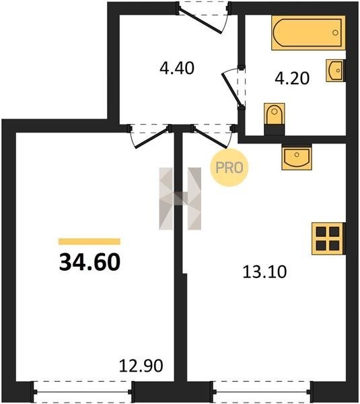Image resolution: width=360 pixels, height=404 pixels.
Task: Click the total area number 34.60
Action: pos(89,262)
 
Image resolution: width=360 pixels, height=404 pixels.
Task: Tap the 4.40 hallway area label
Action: pos(177,68)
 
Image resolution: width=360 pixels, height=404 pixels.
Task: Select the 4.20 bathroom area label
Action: pos(292,78)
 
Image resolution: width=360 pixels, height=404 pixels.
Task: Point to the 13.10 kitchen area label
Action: pos(264,272)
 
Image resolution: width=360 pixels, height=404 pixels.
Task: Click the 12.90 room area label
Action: pos(141,366)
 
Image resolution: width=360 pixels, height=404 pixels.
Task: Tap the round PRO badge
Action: pos(229,168)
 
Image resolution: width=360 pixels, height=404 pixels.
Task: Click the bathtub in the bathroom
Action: pos(308,33)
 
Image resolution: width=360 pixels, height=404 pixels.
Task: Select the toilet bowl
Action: pos(275,119)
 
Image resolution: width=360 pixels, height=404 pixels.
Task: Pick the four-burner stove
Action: pos(328,238)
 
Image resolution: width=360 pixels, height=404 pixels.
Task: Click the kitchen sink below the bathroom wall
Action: pos(297,157)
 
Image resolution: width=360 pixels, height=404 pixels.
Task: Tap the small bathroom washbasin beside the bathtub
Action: pos(335,70)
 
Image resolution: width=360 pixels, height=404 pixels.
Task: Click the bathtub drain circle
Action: pos(335,33)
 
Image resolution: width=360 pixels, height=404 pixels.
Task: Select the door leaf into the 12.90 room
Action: pos(152,138)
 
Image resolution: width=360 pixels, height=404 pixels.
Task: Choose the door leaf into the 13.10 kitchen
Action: pos(211,138)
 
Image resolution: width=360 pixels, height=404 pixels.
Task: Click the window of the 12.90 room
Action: pos(83,392)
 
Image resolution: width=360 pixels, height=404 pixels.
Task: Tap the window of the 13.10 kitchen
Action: pos(262,392)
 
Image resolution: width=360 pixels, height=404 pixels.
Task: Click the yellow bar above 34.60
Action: pos(89,242)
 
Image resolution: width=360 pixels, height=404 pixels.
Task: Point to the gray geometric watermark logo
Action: pos(180,199)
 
